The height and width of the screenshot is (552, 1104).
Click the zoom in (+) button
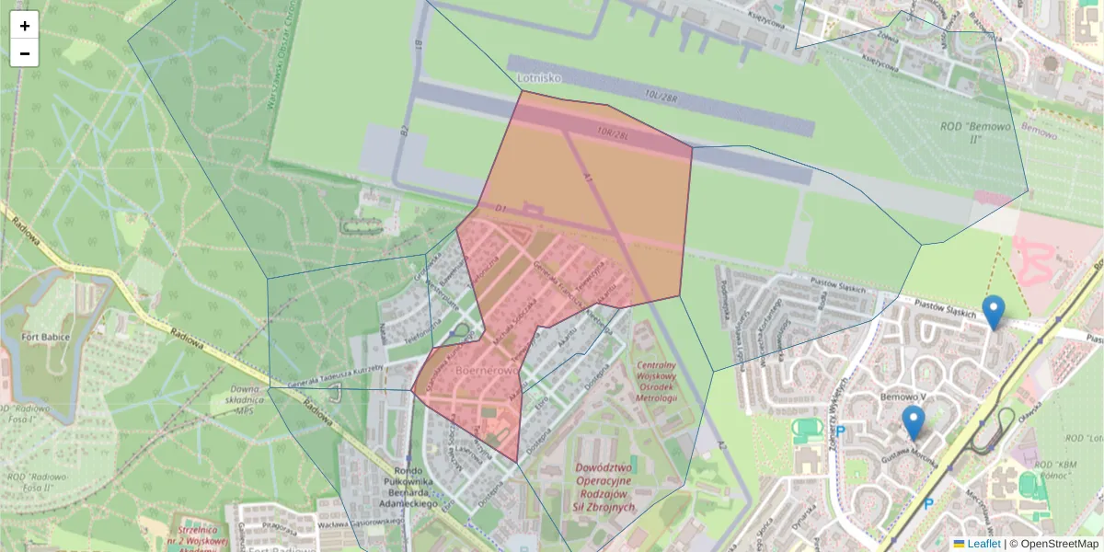pos(25,26)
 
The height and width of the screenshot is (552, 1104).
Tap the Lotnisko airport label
pos(539,78)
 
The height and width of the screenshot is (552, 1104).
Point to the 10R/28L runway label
pos(612,134)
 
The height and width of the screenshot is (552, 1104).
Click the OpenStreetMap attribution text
pos(1059,544)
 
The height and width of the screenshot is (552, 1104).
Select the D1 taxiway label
pos(501,210)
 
